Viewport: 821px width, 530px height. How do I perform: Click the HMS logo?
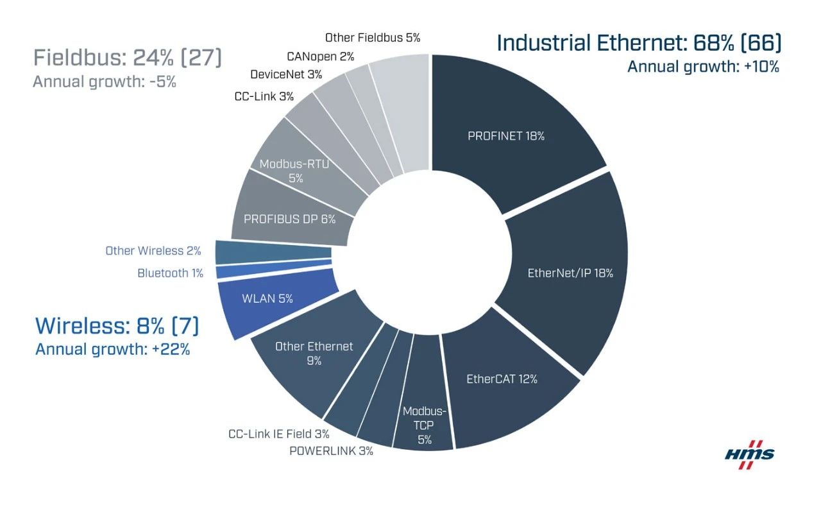[749, 454]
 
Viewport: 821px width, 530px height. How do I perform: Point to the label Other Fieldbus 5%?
[373, 38]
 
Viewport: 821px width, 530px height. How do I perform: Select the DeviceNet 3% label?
[286, 74]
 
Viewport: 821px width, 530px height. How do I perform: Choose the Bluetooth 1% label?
[170, 273]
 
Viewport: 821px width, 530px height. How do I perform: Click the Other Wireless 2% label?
[153, 251]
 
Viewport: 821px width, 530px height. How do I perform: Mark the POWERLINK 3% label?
[331, 450]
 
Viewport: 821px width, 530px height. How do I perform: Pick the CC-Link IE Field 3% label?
[278, 434]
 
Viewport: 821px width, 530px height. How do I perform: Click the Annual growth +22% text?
[112, 350]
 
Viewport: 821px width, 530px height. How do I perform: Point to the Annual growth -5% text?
[104, 82]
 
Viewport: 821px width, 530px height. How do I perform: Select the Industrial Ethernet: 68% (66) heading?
[639, 43]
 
